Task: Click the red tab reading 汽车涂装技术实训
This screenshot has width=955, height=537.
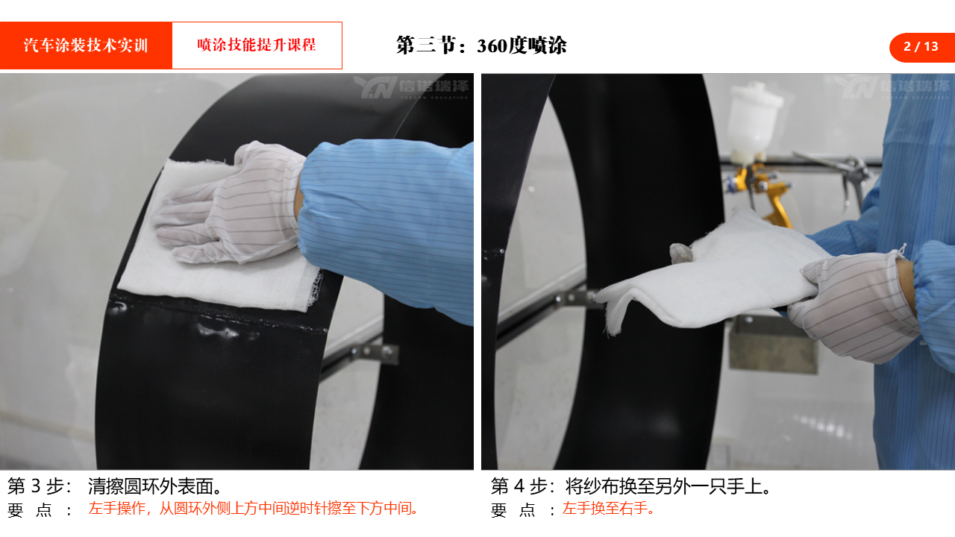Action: click(86, 45)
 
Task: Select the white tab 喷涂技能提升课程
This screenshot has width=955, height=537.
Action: click(257, 45)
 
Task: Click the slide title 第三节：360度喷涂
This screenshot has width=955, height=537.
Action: click(481, 45)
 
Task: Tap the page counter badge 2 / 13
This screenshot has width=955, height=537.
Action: click(922, 46)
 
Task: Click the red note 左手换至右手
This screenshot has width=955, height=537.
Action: click(608, 509)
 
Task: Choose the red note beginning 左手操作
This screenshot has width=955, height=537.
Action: click(253, 509)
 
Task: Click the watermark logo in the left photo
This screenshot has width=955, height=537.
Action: click(411, 87)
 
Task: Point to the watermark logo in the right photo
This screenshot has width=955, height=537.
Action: click(892, 87)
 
